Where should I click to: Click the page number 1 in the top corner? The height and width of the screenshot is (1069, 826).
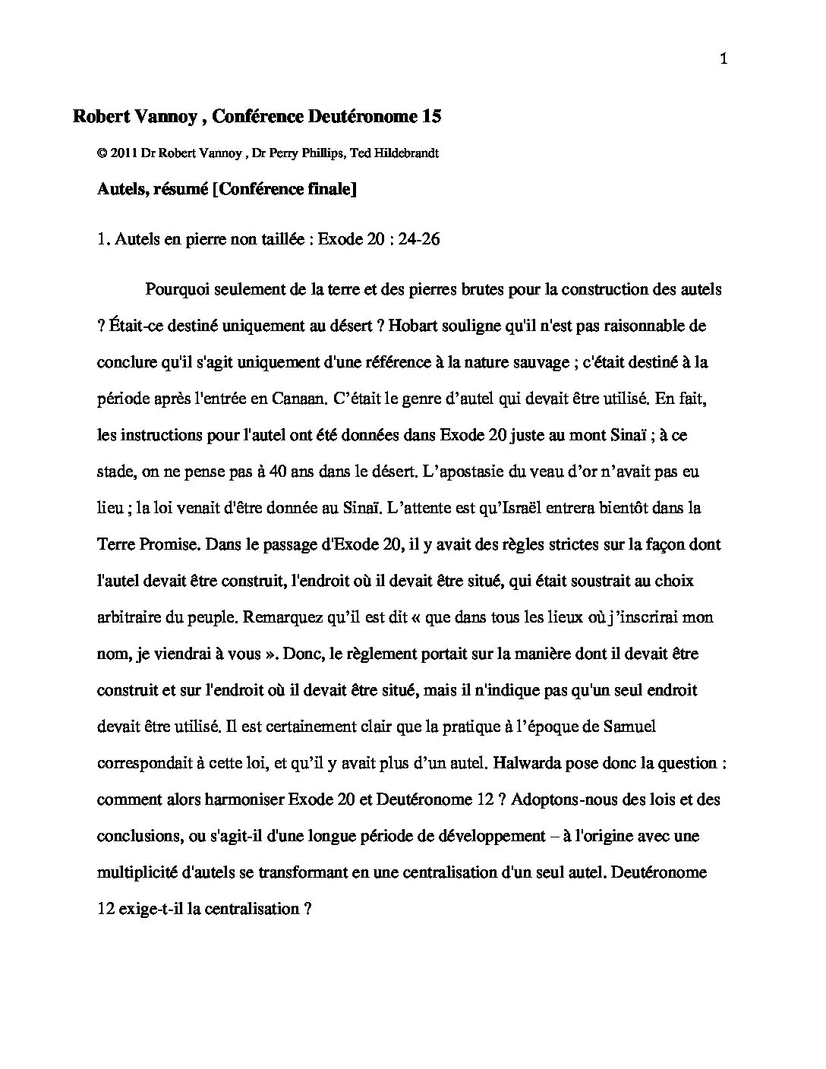[x=724, y=60]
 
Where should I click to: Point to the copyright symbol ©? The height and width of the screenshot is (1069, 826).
[x=102, y=153]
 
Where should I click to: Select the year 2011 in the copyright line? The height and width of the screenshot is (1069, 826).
[x=124, y=153]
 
